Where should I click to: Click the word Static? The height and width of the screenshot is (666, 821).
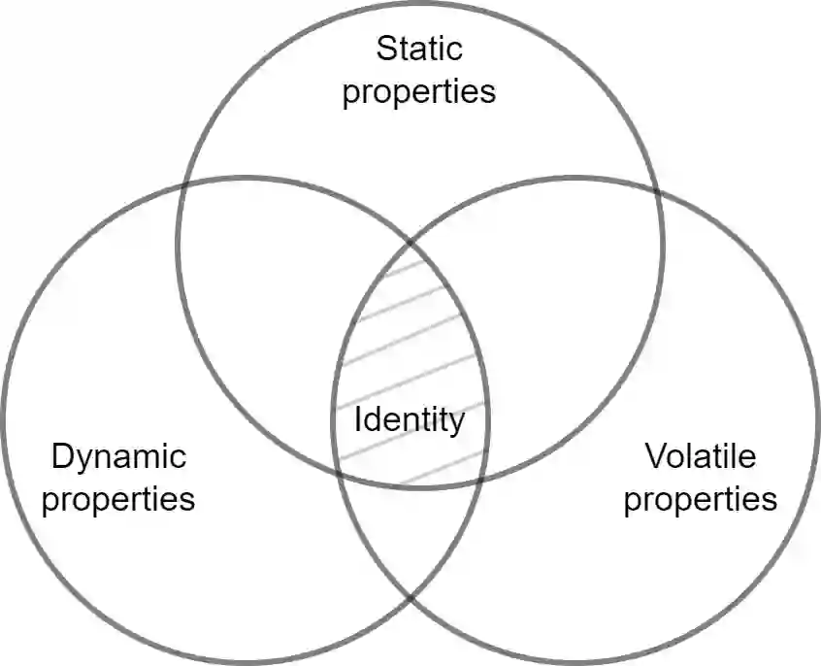tap(419, 49)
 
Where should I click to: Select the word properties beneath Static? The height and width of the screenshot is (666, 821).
tap(419, 91)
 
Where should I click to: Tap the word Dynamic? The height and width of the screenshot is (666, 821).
tap(118, 455)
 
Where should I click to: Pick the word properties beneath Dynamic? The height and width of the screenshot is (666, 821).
tap(118, 499)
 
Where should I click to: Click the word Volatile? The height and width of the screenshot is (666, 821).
tap(700, 455)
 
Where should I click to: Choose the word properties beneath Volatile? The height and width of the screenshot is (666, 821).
tap(700, 499)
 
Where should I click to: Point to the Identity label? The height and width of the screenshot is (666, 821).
tap(410, 420)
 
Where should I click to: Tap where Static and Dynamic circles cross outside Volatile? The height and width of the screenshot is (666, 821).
tap(184, 184)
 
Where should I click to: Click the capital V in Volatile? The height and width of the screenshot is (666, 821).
tap(652, 455)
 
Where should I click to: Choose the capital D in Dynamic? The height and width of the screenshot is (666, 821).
tap(61, 455)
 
